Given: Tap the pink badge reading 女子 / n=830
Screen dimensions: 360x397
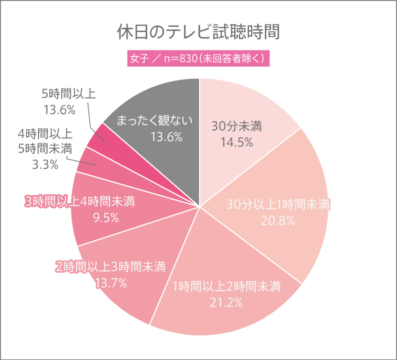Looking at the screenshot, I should point(198,58).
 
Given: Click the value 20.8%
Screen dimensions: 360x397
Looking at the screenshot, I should point(277,221).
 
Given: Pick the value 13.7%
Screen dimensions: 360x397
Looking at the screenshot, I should point(110,282).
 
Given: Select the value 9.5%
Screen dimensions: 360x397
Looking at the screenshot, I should point(105,217).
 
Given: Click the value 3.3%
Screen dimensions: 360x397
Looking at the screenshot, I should point(45,164).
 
